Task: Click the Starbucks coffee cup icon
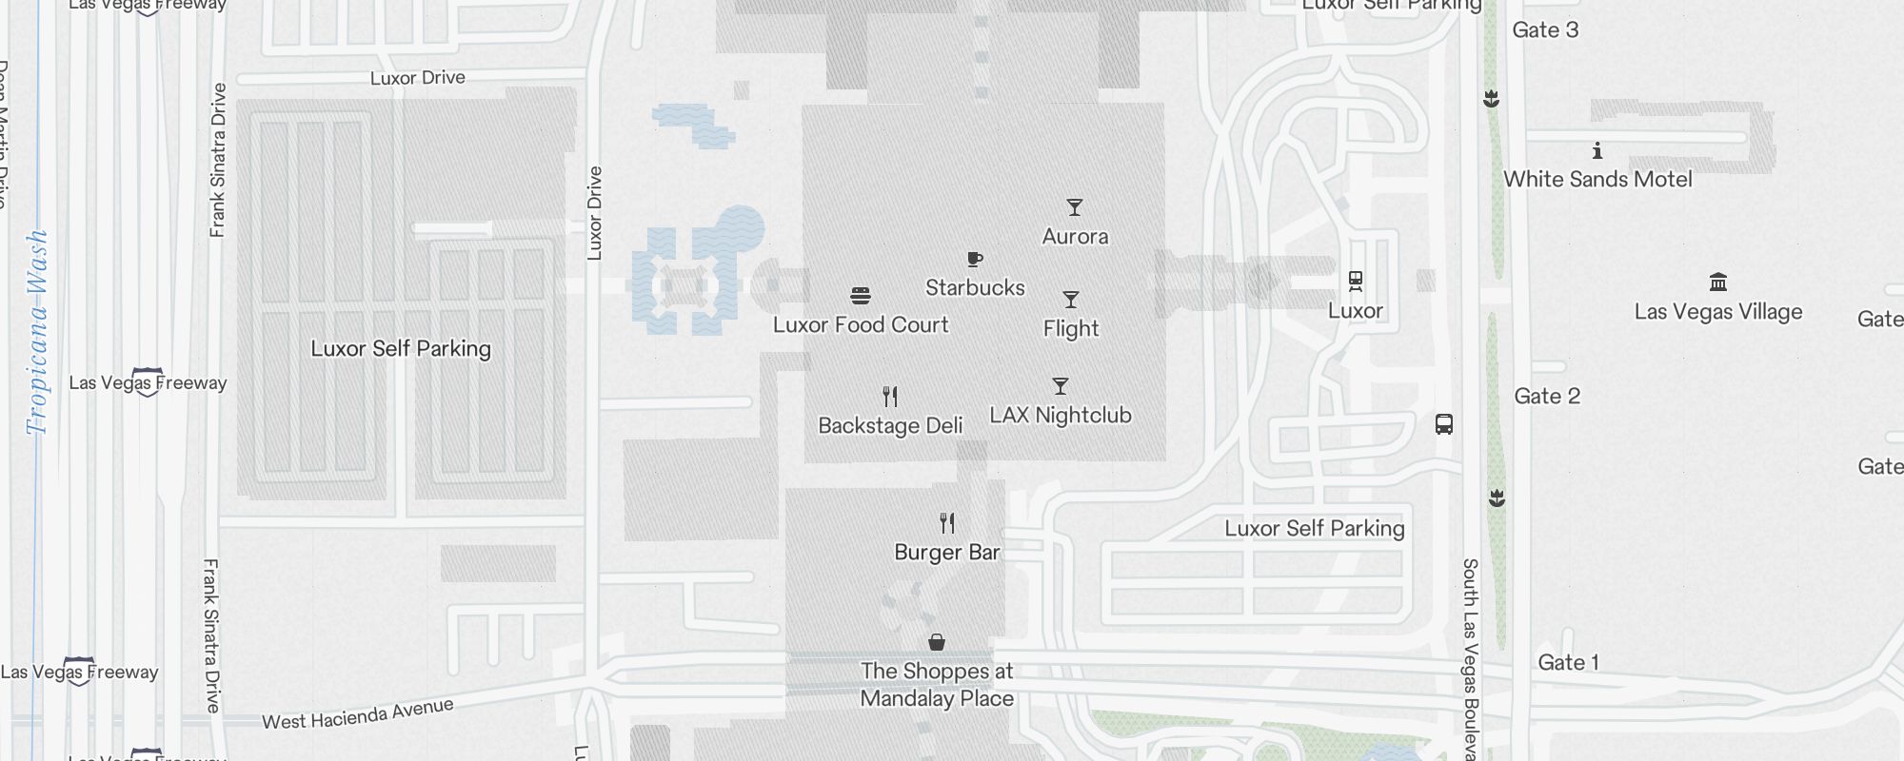click(x=975, y=259)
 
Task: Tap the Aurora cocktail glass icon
click(x=1075, y=207)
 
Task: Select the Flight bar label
click(x=1071, y=328)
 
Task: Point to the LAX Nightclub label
click(x=1061, y=415)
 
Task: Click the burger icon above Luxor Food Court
click(x=861, y=296)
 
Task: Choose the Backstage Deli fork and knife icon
click(x=890, y=396)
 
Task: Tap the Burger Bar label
click(x=947, y=552)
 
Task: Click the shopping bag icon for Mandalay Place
click(x=937, y=642)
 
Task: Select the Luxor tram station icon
click(x=1356, y=282)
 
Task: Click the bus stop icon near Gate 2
click(x=1444, y=423)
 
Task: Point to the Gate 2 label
click(x=1547, y=396)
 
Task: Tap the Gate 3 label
click(x=1545, y=29)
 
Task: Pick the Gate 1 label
click(x=1569, y=662)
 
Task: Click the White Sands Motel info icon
click(x=1597, y=150)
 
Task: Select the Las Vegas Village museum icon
click(x=1718, y=283)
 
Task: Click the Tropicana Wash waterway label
click(x=37, y=332)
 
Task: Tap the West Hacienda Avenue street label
click(x=358, y=714)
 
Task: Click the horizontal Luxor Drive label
click(x=418, y=77)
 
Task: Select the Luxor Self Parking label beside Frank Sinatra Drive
click(x=401, y=348)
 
